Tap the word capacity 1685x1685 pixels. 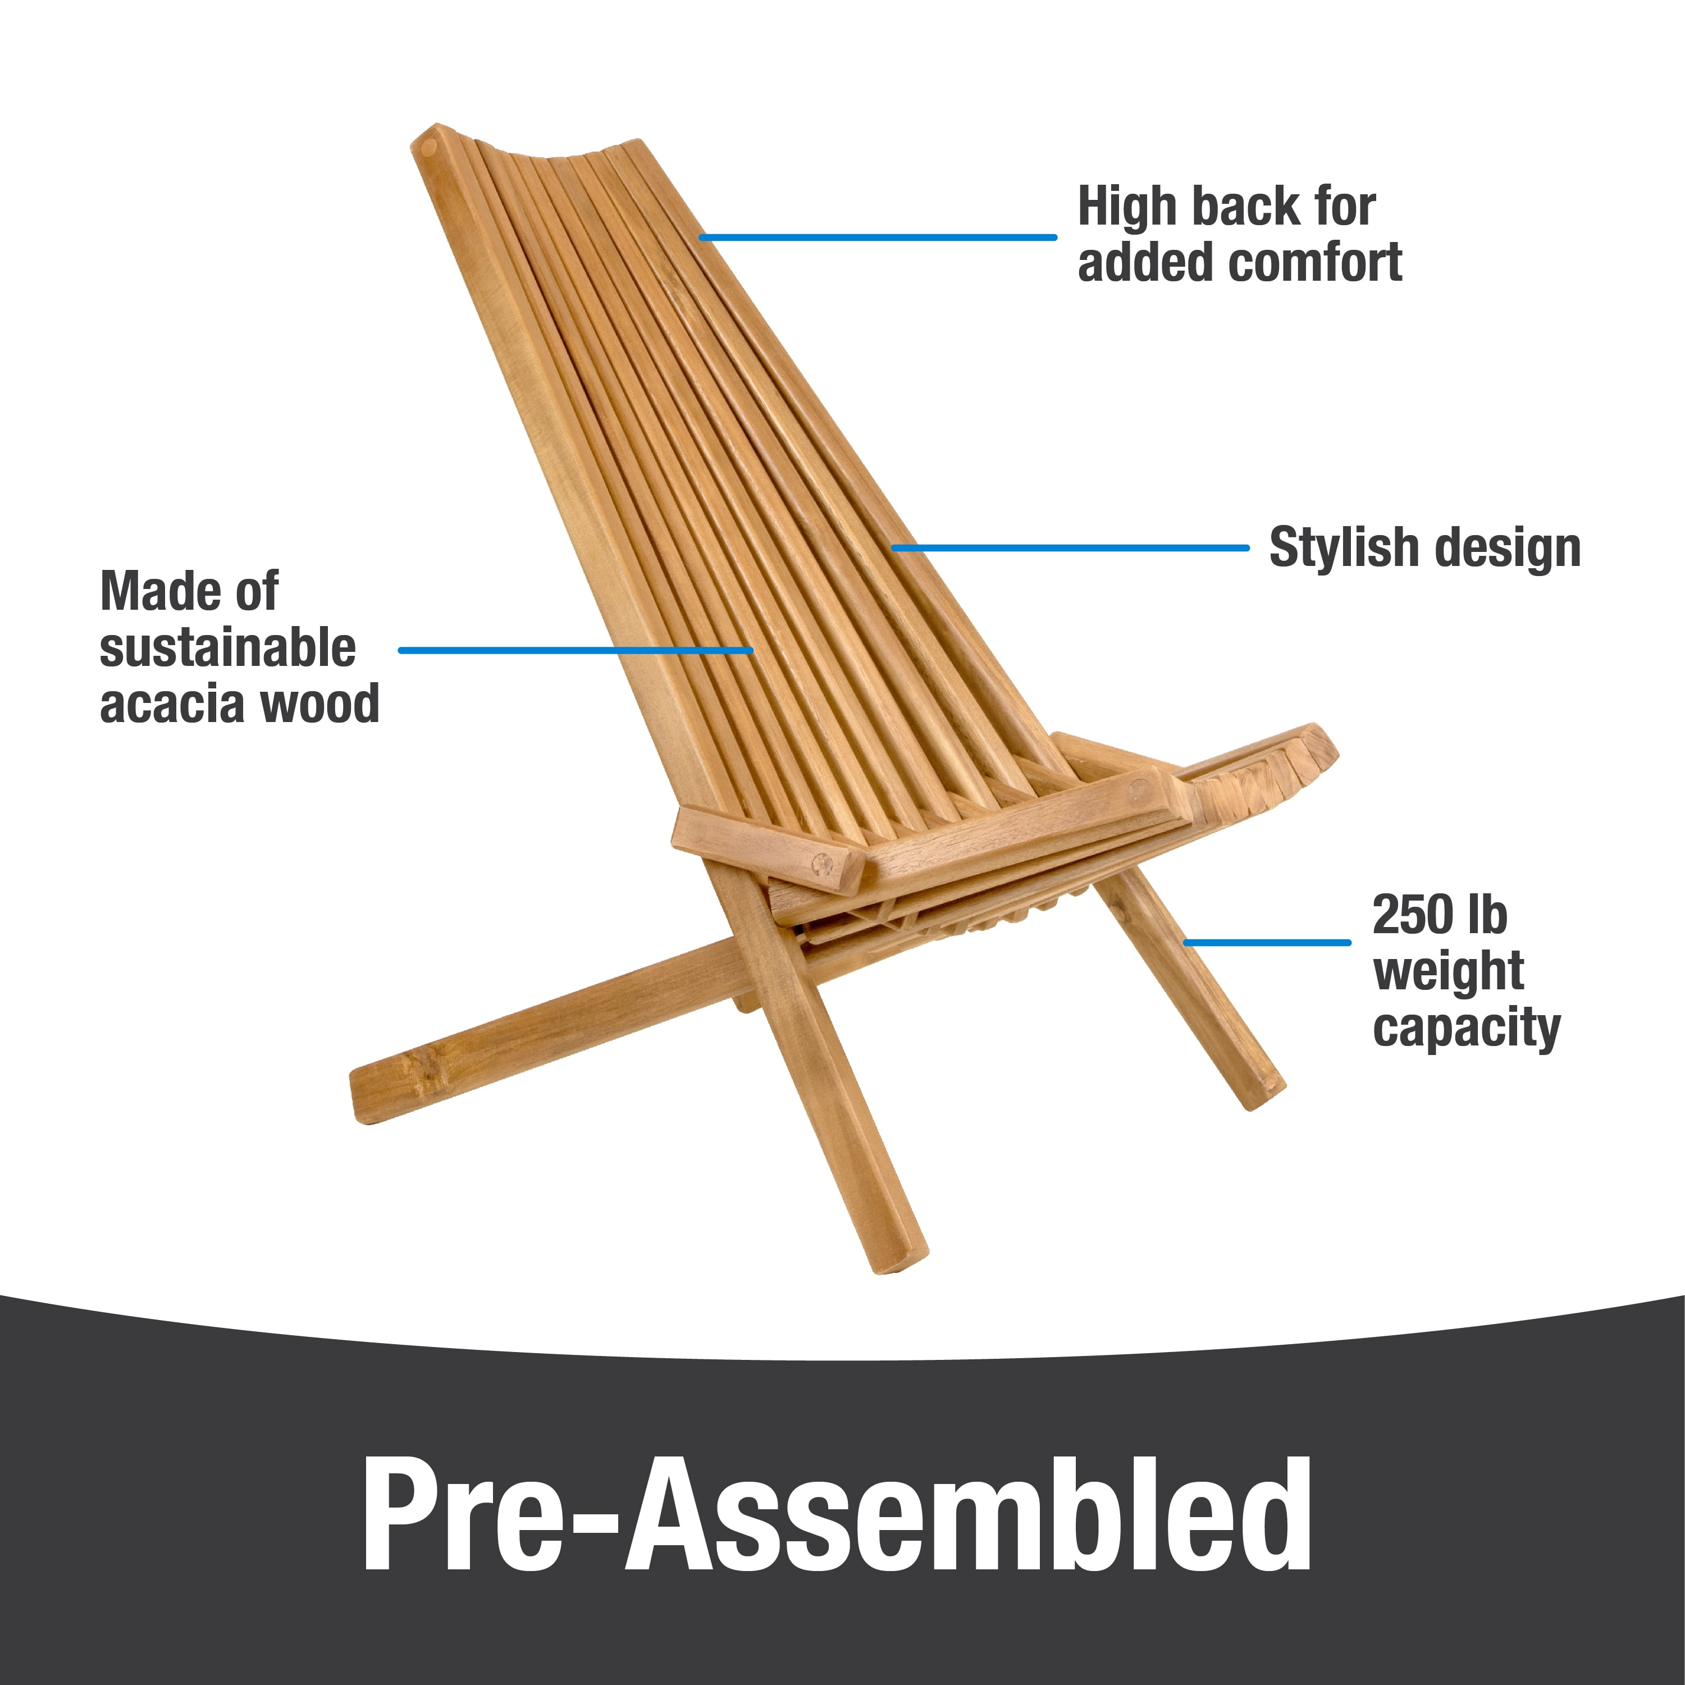coord(1466,1029)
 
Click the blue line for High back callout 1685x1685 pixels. coord(878,236)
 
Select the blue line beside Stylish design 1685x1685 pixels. coord(1070,547)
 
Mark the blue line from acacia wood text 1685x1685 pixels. coord(576,650)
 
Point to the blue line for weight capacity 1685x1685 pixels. coord(1267,942)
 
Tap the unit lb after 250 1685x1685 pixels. coord(1487,915)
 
